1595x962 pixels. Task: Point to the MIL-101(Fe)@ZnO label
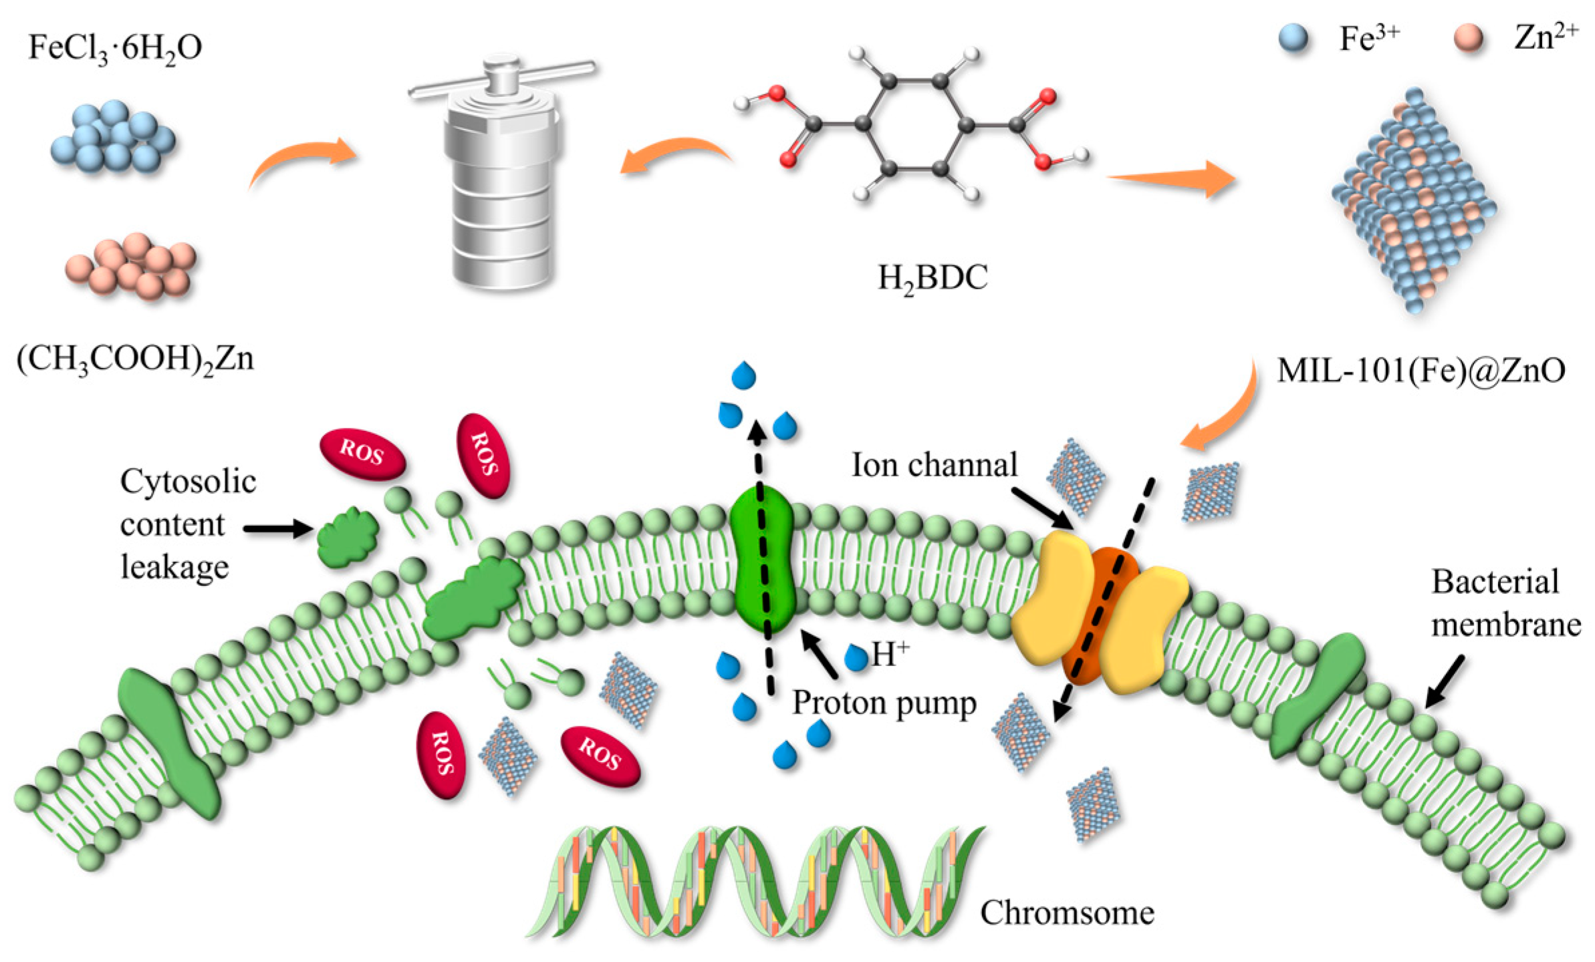tap(1421, 370)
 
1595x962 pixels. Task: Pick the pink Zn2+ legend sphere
tap(1469, 39)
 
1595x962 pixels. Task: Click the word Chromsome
tap(1067, 913)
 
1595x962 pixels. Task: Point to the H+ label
tap(890, 655)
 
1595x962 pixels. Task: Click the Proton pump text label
tap(884, 703)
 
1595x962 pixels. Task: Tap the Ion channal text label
tap(934, 465)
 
